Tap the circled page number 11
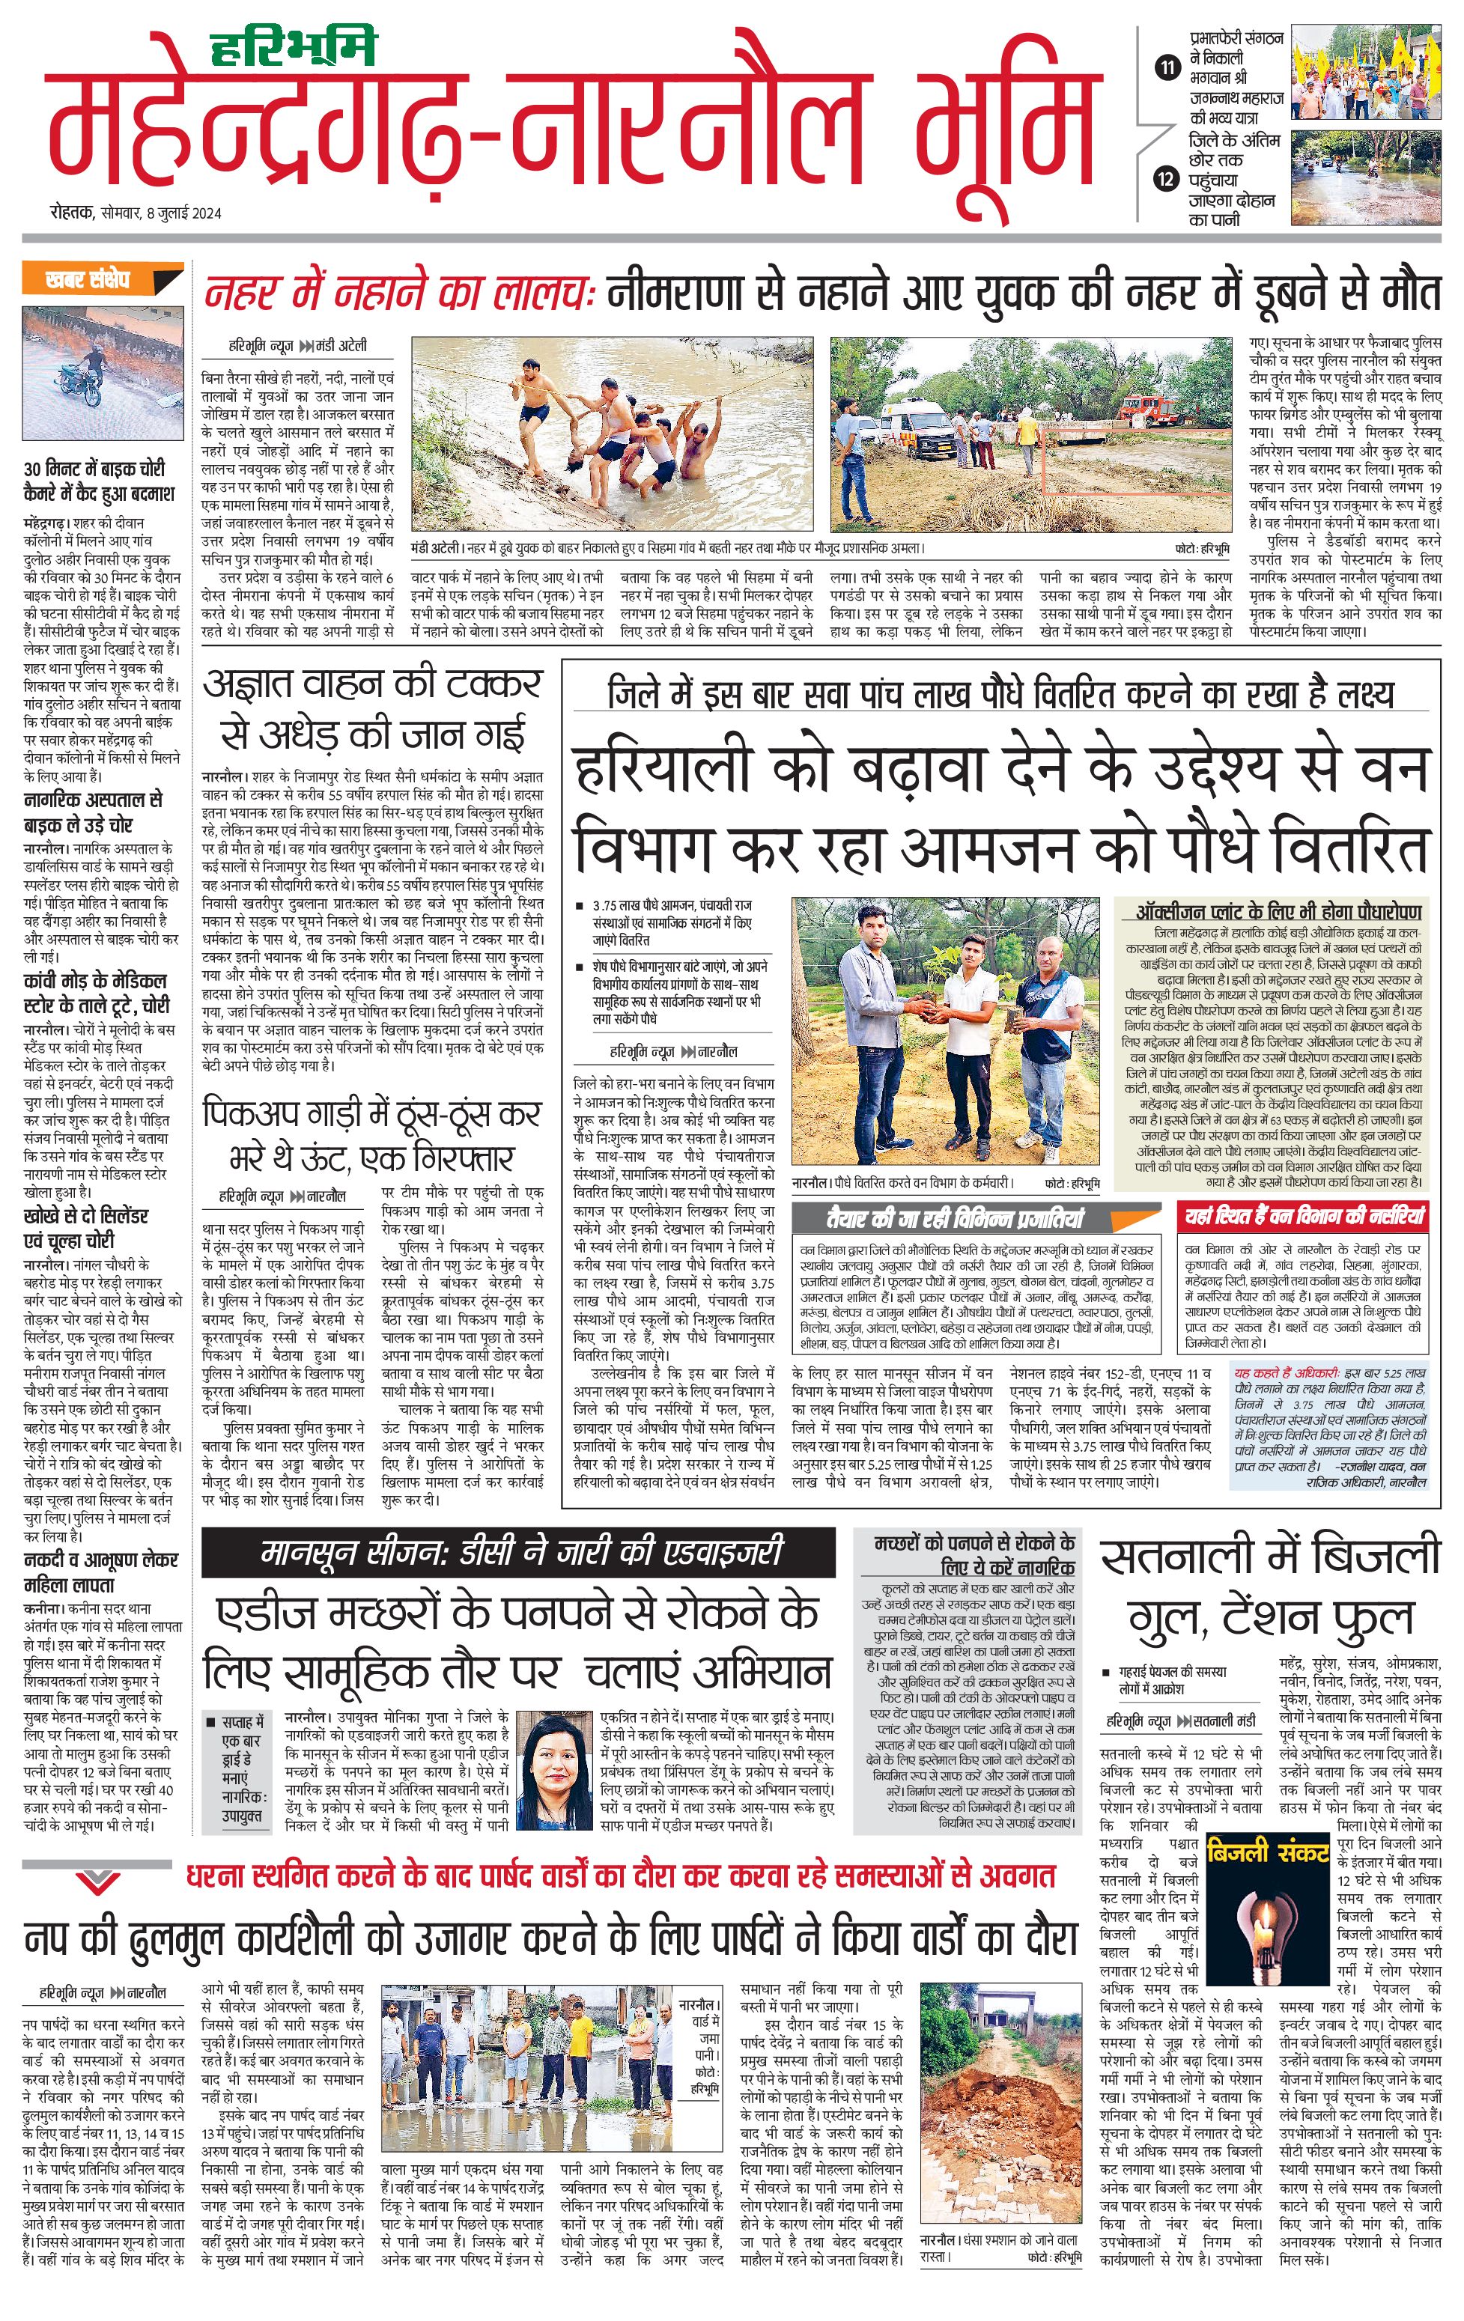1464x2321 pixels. click(1167, 67)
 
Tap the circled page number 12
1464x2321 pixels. click(1167, 178)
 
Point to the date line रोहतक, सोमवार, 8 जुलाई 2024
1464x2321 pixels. click(135, 213)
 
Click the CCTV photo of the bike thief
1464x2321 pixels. click(103, 373)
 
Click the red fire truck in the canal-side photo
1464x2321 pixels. click(1149, 409)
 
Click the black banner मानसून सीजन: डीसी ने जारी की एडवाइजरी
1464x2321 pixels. click(518, 1553)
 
